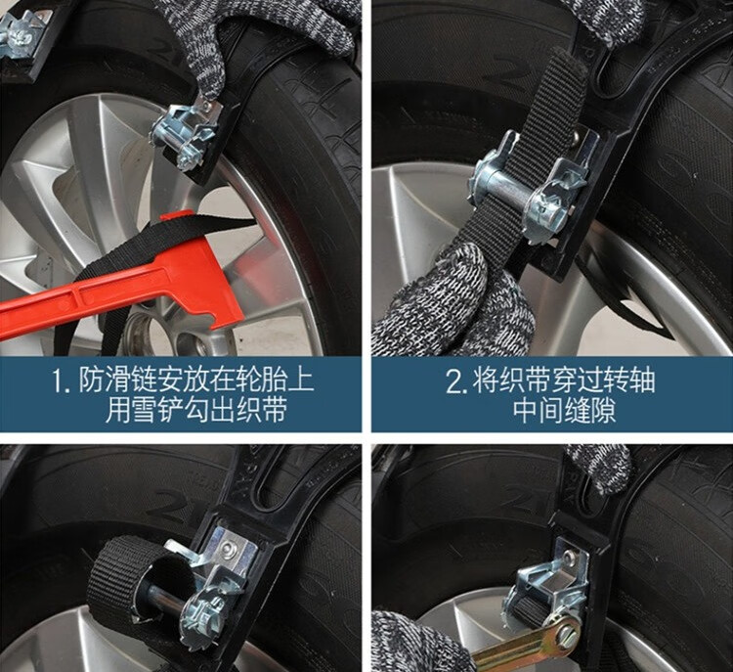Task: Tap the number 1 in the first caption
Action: point(58,380)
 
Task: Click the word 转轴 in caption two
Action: point(627,381)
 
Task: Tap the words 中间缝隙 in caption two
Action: point(564,411)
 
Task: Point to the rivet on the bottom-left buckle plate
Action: point(228,548)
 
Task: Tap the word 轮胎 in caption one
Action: point(264,380)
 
